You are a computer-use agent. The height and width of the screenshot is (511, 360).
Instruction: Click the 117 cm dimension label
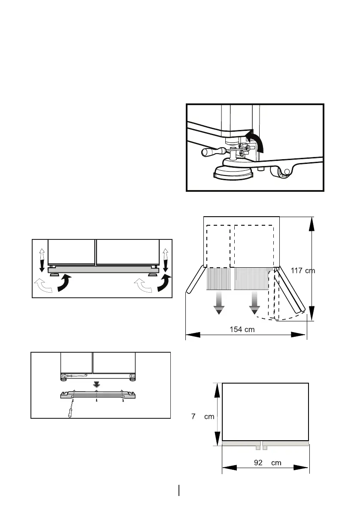pyautogui.click(x=303, y=271)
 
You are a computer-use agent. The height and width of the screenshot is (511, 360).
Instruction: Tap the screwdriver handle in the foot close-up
pyautogui.click(x=211, y=151)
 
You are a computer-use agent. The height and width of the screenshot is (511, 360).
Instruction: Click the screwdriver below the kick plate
pyautogui.click(x=68, y=409)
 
